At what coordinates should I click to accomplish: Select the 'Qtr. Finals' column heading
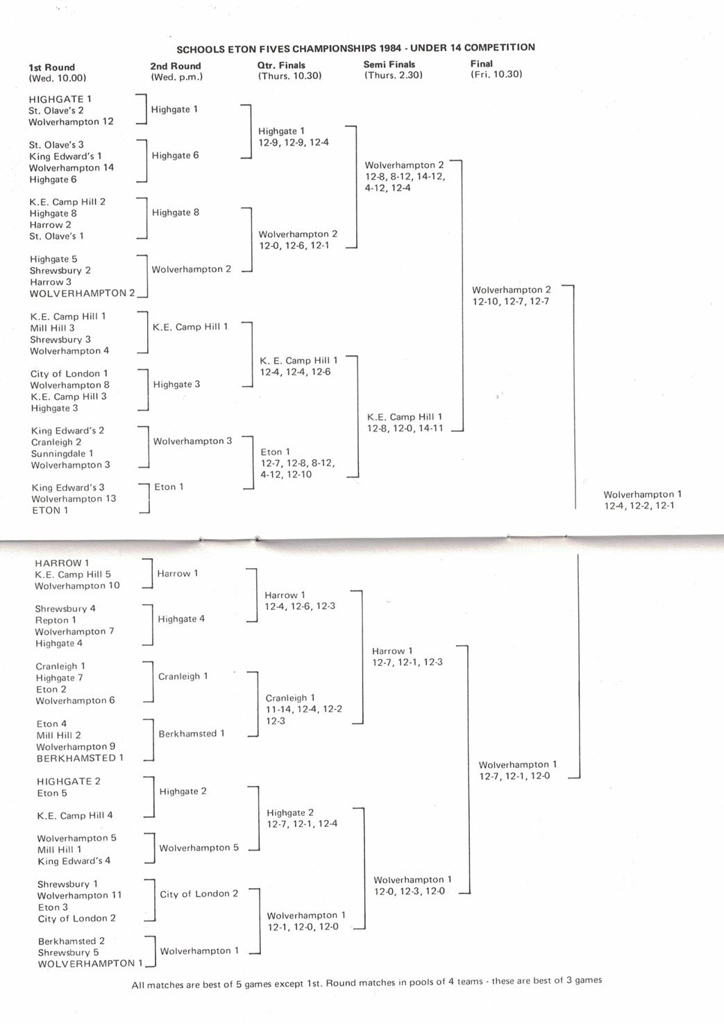pos(281,65)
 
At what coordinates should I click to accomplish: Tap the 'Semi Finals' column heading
pos(389,65)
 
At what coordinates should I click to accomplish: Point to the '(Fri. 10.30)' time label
pos(496,74)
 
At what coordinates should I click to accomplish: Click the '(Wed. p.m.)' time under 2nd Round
pos(177,77)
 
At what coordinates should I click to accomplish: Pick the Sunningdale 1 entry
pos(62,454)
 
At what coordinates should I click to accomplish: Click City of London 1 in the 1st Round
pos(69,374)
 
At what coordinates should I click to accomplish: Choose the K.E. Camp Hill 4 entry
pos(75,816)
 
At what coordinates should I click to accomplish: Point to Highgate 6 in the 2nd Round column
pos(176,155)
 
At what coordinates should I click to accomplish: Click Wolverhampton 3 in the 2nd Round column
pos(193,441)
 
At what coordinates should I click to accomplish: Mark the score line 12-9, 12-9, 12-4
pos(294,143)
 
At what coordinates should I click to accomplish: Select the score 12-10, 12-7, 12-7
pos(511,302)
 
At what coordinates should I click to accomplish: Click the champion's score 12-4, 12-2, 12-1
pos(639,506)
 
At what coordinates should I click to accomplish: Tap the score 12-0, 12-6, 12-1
pos(294,246)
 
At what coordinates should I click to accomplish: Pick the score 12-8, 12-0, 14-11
pos(405,429)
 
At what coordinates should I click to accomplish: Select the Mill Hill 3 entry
pos(53,328)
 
